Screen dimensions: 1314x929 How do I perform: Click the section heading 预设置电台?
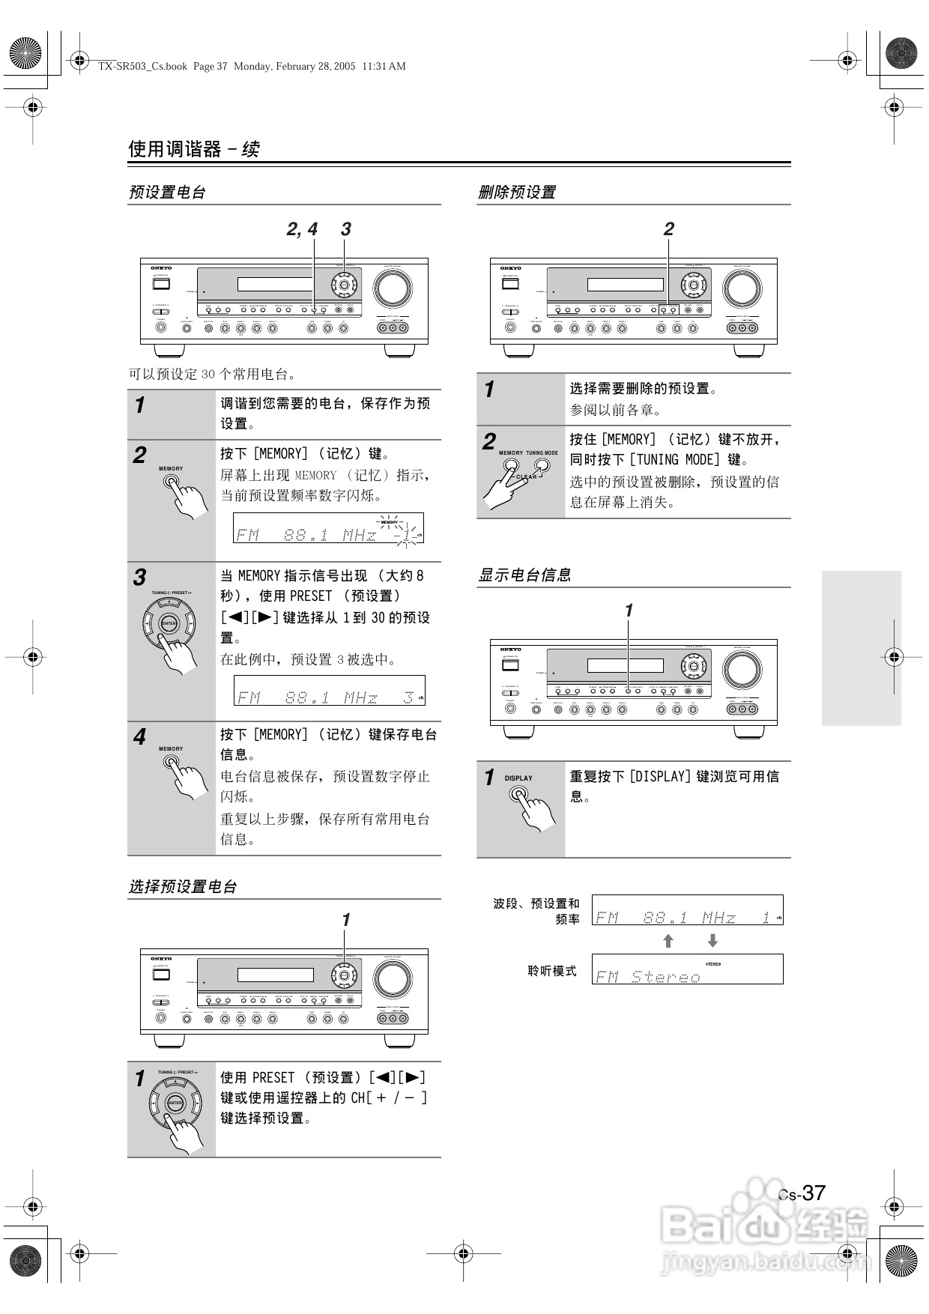click(x=167, y=193)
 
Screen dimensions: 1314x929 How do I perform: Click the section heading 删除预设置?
click(x=517, y=193)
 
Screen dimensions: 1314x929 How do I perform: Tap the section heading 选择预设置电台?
click(x=183, y=887)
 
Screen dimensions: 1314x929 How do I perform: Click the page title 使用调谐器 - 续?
click(x=194, y=149)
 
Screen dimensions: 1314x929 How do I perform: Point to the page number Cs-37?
click(x=802, y=1193)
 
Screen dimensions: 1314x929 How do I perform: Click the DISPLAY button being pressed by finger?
click(x=518, y=794)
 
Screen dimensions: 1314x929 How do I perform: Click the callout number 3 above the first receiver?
click(x=345, y=229)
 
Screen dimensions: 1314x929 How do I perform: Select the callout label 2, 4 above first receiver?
click(x=302, y=229)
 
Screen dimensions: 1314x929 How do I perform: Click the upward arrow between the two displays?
click(x=668, y=941)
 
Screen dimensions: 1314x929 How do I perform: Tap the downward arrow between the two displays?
click(x=712, y=941)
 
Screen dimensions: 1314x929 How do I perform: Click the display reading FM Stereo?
click(x=687, y=969)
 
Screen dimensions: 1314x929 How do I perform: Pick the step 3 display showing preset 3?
click(x=330, y=690)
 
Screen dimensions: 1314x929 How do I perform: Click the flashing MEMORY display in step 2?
click(x=328, y=528)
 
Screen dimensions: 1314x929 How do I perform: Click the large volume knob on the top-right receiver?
click(x=742, y=288)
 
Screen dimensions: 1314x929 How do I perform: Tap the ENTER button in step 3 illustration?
click(x=169, y=623)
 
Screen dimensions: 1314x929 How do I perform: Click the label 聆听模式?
click(x=552, y=971)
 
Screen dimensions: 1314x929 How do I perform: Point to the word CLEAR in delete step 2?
click(x=527, y=476)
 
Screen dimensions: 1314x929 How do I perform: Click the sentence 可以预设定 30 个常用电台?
click(x=213, y=374)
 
